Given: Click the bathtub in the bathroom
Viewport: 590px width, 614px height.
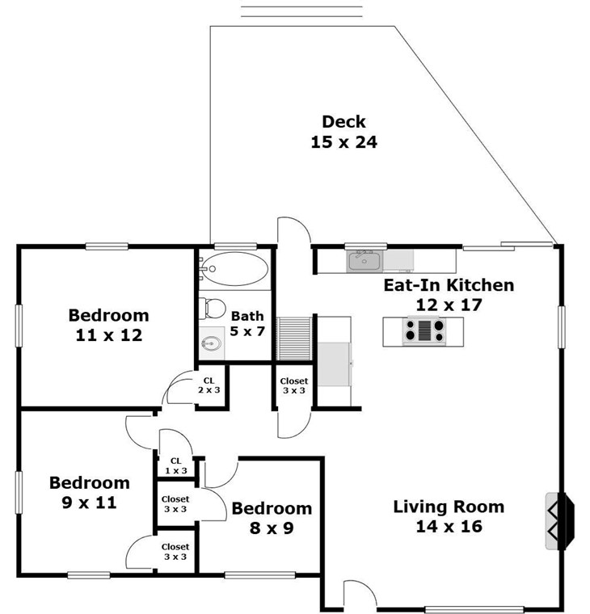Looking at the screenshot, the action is (x=235, y=268).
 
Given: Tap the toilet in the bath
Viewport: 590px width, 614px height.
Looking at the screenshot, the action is (x=212, y=308).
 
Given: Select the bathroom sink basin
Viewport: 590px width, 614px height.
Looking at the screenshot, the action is (x=211, y=344).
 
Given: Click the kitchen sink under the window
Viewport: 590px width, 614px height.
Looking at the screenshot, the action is (x=365, y=261).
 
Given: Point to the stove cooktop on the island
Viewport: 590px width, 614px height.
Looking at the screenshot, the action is (x=424, y=331).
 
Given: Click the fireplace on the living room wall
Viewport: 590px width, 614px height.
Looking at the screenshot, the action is (x=560, y=520).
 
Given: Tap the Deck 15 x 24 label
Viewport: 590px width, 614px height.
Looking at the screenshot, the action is (x=343, y=132).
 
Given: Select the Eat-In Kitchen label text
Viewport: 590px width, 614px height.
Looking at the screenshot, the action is (x=449, y=285).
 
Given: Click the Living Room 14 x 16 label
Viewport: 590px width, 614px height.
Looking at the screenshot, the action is (x=449, y=516).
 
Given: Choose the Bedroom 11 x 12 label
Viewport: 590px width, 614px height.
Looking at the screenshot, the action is (x=108, y=325).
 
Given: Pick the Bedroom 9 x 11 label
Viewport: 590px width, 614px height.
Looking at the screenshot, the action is (x=90, y=492).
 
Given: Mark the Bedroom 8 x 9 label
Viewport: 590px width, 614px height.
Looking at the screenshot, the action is (x=272, y=518).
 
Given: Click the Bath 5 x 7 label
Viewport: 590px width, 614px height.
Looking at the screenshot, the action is (x=247, y=323).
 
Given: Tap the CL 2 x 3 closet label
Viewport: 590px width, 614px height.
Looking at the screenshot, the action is (x=209, y=385).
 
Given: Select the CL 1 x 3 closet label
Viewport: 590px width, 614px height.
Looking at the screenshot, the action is (x=176, y=465).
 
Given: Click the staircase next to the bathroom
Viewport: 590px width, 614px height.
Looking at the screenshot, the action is (x=294, y=339).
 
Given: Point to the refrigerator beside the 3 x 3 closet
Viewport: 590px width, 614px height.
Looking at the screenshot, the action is (x=334, y=364).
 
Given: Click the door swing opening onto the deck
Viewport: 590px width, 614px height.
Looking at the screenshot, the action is (x=294, y=230).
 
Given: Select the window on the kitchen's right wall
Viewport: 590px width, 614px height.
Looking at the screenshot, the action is (x=562, y=327).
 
